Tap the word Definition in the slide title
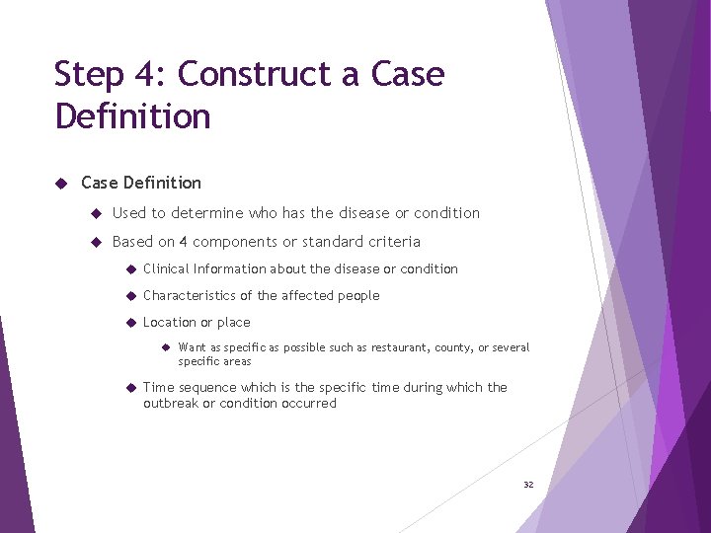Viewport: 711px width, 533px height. [x=133, y=116]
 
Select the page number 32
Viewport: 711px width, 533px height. [x=528, y=485]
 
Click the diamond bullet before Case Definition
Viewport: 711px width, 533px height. [x=61, y=183]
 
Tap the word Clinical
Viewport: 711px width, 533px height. [x=165, y=268]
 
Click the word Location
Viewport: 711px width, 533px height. [x=169, y=322]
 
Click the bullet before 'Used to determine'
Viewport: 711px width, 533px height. [x=97, y=213]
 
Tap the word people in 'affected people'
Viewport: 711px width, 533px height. [x=356, y=295]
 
